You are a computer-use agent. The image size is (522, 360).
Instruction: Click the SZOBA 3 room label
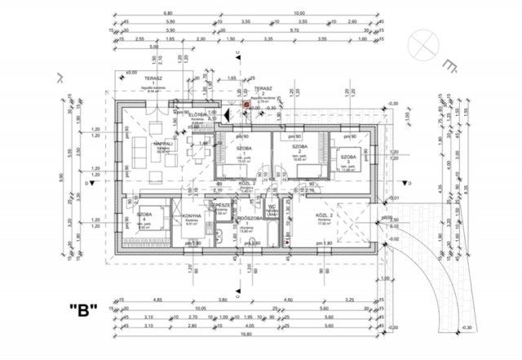pyautogui.click(x=349, y=157)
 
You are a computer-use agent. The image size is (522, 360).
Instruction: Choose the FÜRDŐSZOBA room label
pyautogui.click(x=246, y=220)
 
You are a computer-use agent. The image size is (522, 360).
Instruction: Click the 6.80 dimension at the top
pyautogui.click(x=168, y=12)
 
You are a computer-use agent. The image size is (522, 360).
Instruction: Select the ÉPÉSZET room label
pyautogui.click(x=219, y=206)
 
